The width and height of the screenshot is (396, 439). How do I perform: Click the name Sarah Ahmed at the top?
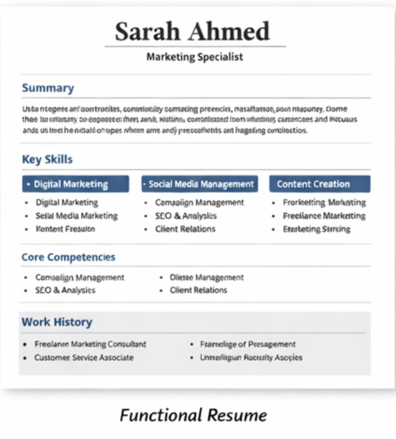coord(192,32)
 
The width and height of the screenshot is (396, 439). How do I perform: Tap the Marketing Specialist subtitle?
coord(195,57)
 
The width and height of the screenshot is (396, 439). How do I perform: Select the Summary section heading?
coord(48,88)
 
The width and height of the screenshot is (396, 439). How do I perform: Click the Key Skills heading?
coord(47,159)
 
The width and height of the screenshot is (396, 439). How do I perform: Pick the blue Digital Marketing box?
coord(75,184)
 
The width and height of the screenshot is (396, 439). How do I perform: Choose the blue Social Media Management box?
coord(200,184)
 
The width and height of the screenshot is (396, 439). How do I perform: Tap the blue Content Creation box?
coord(320,184)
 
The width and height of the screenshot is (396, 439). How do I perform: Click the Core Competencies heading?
coord(68,257)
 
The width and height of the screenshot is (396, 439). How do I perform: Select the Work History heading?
coord(57,322)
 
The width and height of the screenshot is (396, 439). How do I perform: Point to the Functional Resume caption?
coord(193,415)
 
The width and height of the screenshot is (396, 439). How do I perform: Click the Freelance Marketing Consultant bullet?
coord(90,344)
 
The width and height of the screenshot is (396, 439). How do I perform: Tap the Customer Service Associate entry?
coord(84,358)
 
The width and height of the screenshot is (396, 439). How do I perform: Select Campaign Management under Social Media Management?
coord(199,202)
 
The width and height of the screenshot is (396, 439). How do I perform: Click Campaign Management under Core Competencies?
coord(80,277)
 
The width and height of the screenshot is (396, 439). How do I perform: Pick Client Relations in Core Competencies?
coord(198,290)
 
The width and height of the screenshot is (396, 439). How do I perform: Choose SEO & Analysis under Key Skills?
coord(186,216)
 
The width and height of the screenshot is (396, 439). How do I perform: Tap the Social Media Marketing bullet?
coord(76,216)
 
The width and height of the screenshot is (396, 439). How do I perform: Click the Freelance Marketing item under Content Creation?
coord(324,216)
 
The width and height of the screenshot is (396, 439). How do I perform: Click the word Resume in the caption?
coord(237,415)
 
